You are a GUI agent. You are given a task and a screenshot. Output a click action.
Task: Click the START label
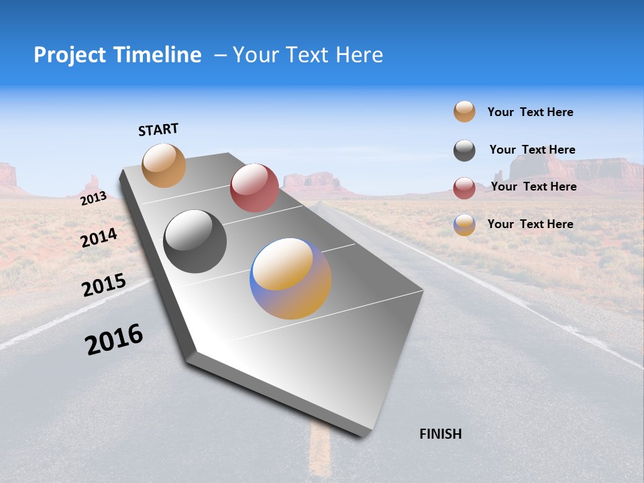coord(158,129)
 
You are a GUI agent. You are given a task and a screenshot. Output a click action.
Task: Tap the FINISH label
coord(440,434)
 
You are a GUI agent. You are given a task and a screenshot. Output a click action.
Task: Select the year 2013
coord(93,199)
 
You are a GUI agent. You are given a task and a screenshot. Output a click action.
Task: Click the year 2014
coord(99,237)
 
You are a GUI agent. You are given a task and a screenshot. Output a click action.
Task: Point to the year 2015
coord(104,285)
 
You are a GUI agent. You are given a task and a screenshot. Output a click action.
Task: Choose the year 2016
coord(114,339)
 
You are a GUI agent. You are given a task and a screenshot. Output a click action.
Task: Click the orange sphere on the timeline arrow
coord(164,165)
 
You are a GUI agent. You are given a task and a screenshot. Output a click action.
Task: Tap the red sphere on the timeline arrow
coord(254,187)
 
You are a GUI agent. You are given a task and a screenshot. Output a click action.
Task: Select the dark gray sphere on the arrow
coord(195,241)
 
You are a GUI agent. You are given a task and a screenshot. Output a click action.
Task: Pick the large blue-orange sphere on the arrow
coord(290,278)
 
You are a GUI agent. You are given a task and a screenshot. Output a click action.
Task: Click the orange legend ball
coord(464,112)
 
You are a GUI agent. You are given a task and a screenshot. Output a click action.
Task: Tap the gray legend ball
coord(464,150)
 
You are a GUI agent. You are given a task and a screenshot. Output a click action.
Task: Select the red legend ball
coord(464,188)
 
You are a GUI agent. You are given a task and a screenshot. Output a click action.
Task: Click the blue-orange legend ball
coord(464,225)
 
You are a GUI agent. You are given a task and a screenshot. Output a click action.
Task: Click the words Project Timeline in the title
coord(117,55)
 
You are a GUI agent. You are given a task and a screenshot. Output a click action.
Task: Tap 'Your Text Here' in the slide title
coord(307,55)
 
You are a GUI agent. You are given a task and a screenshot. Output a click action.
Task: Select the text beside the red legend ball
coord(533,186)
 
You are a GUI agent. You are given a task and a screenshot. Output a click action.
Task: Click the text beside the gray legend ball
coord(532,150)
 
